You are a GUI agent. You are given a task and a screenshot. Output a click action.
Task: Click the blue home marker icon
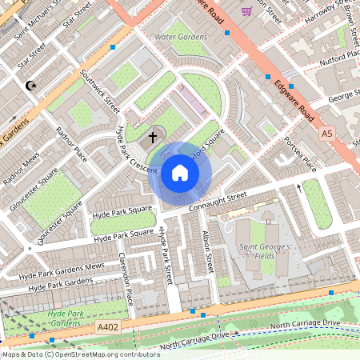tap(179, 173)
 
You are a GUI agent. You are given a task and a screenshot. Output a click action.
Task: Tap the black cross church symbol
tap(151, 138)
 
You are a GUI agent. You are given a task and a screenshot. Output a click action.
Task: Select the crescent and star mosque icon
tap(32, 85)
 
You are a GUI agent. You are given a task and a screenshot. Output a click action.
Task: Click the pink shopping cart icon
tap(246, 10)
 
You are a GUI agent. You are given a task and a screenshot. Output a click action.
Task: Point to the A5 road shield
tap(326, 134)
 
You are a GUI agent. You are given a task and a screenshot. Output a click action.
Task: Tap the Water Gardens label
tap(181, 37)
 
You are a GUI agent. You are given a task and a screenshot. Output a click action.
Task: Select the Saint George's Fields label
tap(264, 253)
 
